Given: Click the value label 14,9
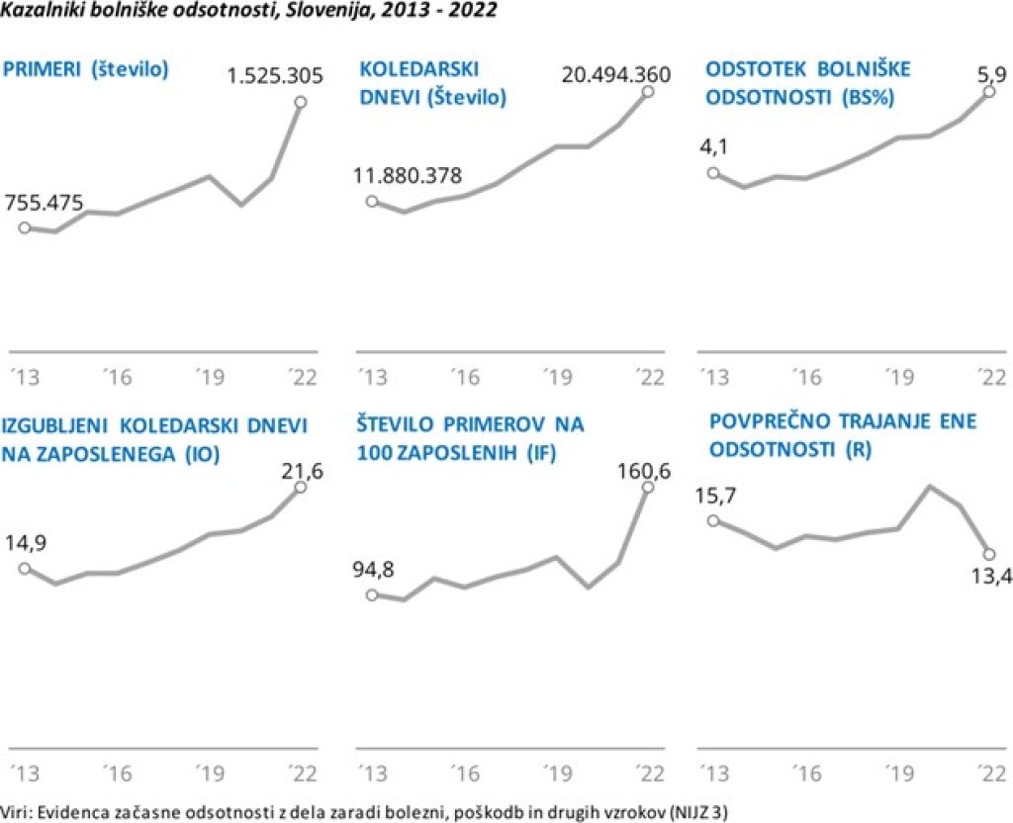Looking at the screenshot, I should pyautogui.click(x=29, y=542).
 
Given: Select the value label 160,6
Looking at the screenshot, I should pyautogui.click(x=645, y=471).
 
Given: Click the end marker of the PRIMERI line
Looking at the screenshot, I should pyautogui.click(x=300, y=101).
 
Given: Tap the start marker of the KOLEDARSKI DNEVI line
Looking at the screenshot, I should pyautogui.click(x=372, y=201).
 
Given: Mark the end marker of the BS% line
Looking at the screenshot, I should pyautogui.click(x=990, y=92).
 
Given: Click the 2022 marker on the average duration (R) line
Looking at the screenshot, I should pyautogui.click(x=989, y=553).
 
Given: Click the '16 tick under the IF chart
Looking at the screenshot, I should pyautogui.click(x=463, y=772).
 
